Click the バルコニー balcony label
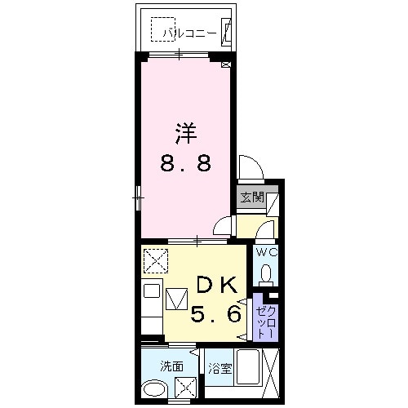(x=190, y=33)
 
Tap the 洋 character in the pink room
(x=186, y=134)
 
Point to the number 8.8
(x=185, y=163)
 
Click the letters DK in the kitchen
(x=216, y=284)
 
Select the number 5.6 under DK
(x=216, y=313)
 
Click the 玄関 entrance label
(x=252, y=197)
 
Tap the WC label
(x=268, y=253)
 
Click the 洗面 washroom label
(x=171, y=366)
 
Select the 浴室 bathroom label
(x=220, y=369)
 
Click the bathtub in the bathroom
(x=247, y=366)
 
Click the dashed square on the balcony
(x=162, y=29)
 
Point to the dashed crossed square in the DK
(x=156, y=260)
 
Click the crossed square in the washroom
(x=186, y=388)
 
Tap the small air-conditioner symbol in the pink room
(x=226, y=64)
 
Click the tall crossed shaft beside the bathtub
(x=271, y=373)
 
